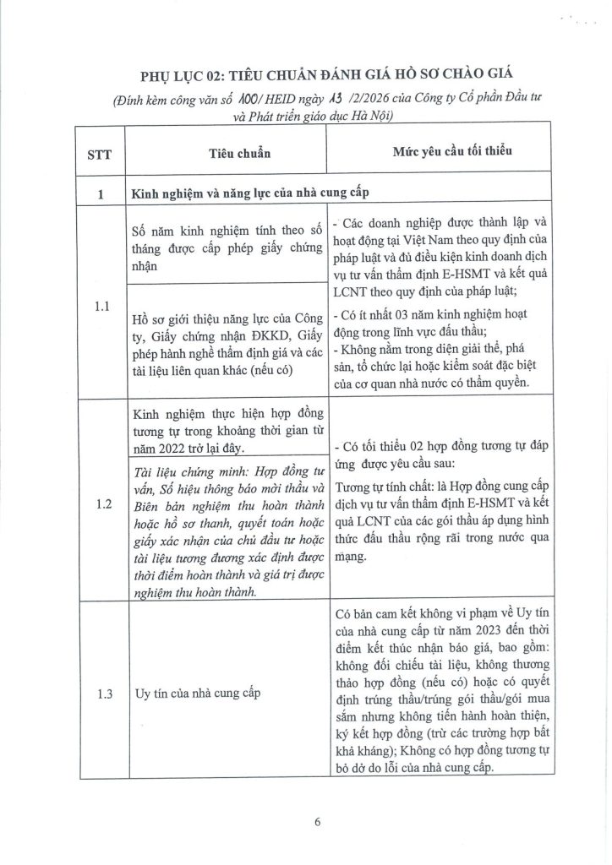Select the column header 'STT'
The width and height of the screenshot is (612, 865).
click(x=99, y=157)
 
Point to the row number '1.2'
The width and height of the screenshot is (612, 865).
click(x=99, y=504)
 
